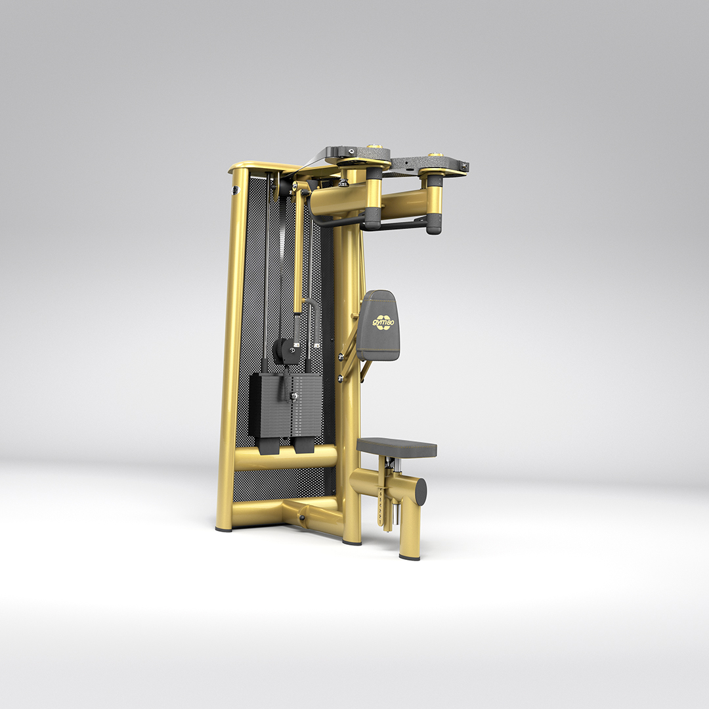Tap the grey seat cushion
(397, 446)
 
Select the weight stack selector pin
(293, 396)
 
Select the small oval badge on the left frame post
(234, 191)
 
